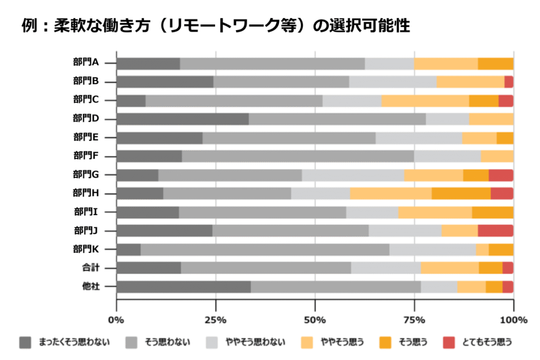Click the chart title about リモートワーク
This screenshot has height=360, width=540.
tap(216, 25)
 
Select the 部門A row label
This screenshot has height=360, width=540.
tap(86, 63)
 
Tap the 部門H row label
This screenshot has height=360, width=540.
tap(86, 193)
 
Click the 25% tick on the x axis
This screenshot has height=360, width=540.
tap(215, 320)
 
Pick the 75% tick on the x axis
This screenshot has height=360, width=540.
tap(414, 320)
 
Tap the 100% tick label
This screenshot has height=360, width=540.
tap(513, 320)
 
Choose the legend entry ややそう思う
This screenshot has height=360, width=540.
tap(343, 342)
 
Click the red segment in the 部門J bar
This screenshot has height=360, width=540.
tap(495, 230)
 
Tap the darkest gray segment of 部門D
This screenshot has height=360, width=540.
tap(182, 119)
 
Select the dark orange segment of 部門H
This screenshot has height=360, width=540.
tap(461, 193)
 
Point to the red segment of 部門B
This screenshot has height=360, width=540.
tap(508, 82)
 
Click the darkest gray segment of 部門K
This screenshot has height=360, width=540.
tap(128, 249)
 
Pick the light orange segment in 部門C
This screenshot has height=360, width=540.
tap(425, 100)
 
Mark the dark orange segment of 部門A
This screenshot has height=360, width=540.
tap(495, 63)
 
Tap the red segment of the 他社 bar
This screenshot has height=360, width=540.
tap(507, 286)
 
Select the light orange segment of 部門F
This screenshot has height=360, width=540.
tap(497, 156)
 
